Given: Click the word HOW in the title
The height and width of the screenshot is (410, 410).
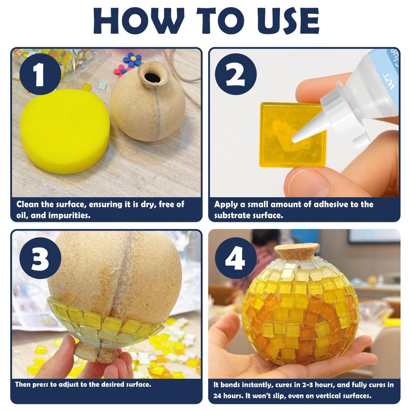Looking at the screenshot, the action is (139, 21).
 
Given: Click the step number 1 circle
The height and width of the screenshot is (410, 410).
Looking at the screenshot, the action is (40, 74).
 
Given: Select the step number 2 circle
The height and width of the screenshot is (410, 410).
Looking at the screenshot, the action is (236, 74).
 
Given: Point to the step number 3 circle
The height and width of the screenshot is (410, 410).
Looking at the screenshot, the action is (40, 258).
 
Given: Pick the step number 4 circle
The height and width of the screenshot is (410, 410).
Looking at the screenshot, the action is (236, 258).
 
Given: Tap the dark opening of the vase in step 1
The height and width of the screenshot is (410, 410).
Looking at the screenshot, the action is (152, 77).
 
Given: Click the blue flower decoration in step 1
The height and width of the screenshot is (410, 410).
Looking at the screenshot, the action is (133, 59).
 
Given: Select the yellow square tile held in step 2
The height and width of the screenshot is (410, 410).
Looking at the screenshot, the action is (293, 134).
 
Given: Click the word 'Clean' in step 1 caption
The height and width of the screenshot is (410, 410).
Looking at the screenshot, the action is (28, 204).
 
